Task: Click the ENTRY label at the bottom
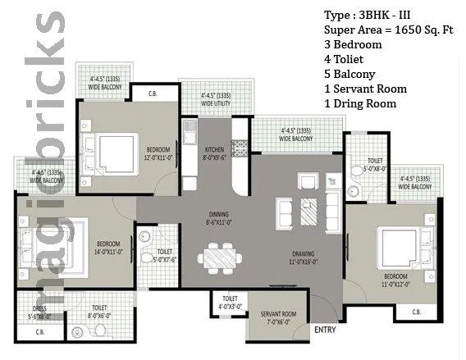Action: point(325,330)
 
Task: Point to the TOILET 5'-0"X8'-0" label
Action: point(375,164)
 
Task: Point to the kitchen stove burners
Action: point(240,148)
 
